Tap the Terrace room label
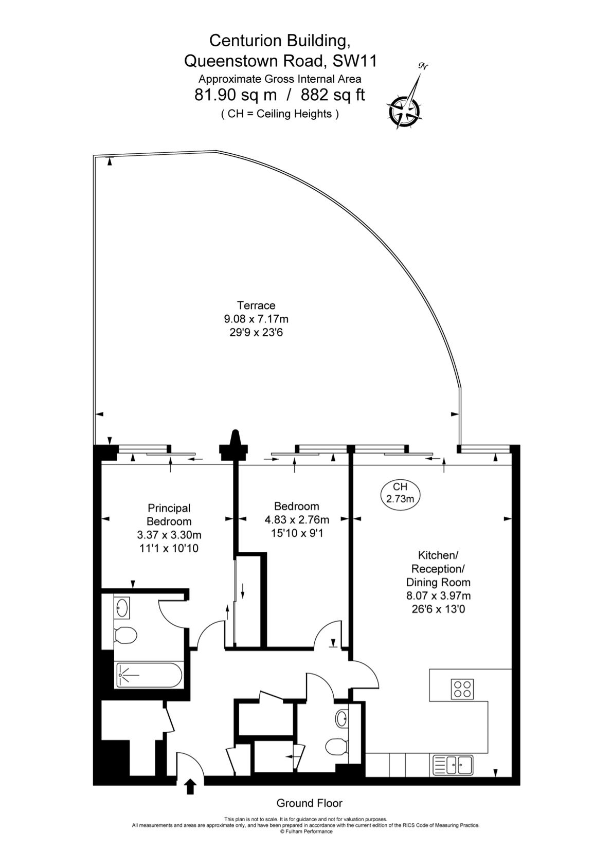pyautogui.click(x=256, y=305)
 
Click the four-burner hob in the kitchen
pyautogui.click(x=462, y=688)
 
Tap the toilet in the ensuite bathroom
pyautogui.click(x=125, y=635)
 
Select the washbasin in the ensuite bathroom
pyautogui.click(x=122, y=607)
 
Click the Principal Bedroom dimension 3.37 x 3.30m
pyautogui.click(x=169, y=535)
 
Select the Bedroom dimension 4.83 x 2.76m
pyautogui.click(x=297, y=520)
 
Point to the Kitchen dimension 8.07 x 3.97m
pyautogui.click(x=438, y=595)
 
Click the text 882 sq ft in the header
pyautogui.click(x=333, y=95)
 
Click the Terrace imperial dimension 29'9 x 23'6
pyautogui.click(x=256, y=333)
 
